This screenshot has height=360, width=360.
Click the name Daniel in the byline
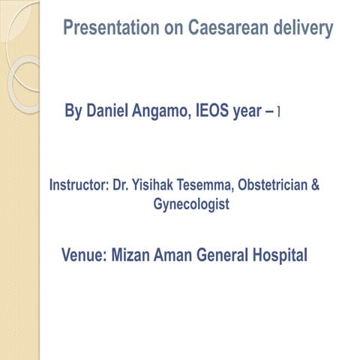tap(110, 112)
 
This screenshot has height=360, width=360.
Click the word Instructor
tap(77, 184)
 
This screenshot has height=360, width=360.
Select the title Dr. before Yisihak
tap(120, 184)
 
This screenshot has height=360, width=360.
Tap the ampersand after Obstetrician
tap(314, 184)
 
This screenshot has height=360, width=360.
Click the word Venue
tap(83, 255)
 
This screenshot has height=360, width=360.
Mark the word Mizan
tap(133, 255)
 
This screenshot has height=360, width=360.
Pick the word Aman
tap(175, 255)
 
